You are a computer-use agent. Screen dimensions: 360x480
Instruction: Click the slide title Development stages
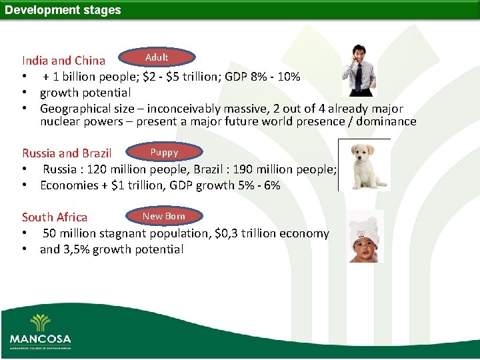pos(63,10)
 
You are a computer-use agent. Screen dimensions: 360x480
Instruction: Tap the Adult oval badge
pos(157,57)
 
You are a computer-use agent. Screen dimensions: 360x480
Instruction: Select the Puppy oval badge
pos(164,153)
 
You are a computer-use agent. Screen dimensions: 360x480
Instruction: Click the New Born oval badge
pos(163,216)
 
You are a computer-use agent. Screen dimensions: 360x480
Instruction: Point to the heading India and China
pos(63,61)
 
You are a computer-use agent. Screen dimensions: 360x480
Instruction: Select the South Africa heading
pos(55,217)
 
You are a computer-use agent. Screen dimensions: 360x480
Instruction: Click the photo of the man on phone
pos(358,70)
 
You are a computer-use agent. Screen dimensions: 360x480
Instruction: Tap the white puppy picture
pos(363,165)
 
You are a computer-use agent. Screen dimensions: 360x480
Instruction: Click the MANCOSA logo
pos(40,330)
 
